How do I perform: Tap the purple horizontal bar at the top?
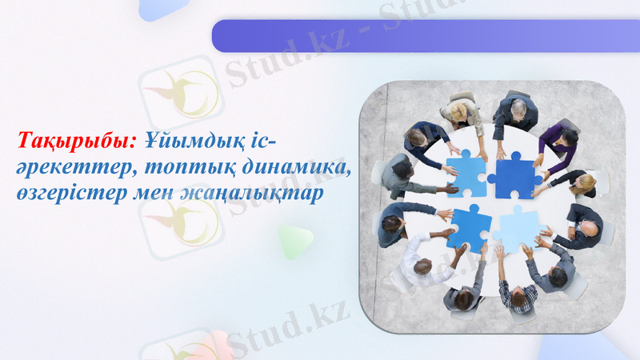(424, 36)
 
